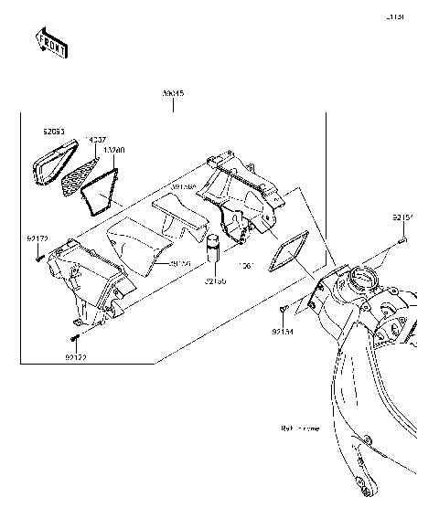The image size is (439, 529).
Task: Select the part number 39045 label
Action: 173,94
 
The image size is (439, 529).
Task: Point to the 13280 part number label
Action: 114,148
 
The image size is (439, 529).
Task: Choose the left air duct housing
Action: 82,279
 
